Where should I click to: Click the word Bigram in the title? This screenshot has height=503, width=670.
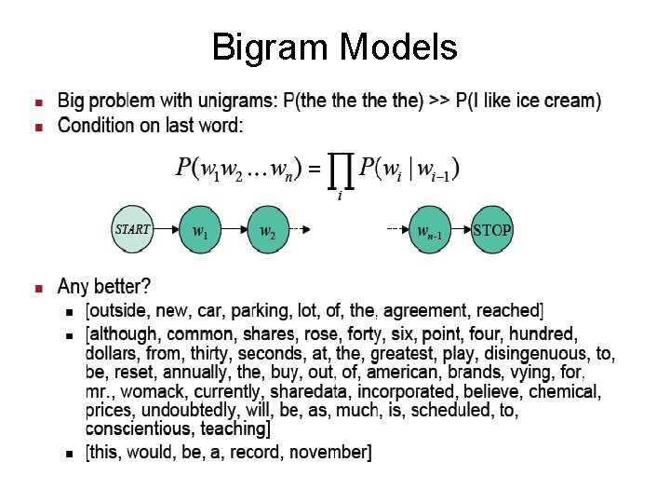(x=271, y=46)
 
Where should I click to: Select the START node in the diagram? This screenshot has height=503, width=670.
(x=131, y=229)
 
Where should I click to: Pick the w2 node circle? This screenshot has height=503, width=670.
(x=268, y=229)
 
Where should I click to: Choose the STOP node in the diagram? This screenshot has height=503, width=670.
(x=490, y=229)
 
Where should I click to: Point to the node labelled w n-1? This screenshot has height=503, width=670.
(x=430, y=230)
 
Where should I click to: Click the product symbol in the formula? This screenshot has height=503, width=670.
(x=342, y=170)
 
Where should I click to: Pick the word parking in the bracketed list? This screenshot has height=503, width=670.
(x=261, y=310)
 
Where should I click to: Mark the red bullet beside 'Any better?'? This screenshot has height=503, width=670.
(x=38, y=286)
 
